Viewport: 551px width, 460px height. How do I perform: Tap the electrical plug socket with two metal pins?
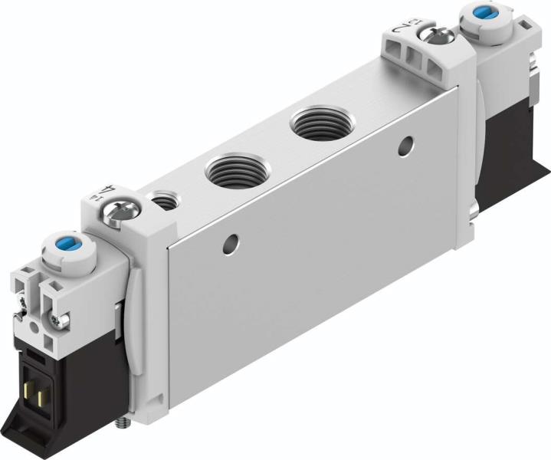[x=35, y=368]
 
